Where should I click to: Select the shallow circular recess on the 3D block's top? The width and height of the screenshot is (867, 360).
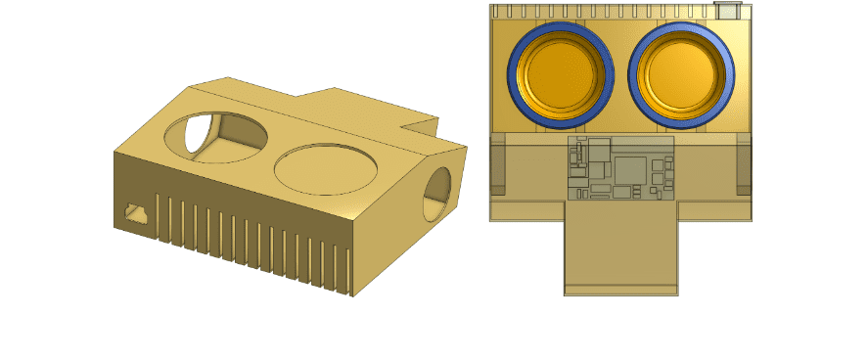(x=326, y=168)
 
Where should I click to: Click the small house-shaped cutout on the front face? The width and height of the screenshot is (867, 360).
(x=134, y=211)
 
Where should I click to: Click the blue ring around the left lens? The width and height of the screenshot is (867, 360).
(x=512, y=75)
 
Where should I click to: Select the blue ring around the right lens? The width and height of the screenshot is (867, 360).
(x=632, y=75)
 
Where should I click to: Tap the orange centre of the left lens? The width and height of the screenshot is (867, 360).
(x=560, y=75)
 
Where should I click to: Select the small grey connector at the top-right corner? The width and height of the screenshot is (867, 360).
(x=726, y=10)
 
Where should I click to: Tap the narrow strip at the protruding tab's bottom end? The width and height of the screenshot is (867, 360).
(x=620, y=290)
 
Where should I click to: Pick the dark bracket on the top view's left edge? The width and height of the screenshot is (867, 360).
(x=497, y=163)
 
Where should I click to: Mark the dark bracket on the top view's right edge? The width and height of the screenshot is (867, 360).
(x=744, y=163)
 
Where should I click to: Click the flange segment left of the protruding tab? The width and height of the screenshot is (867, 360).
(x=526, y=210)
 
